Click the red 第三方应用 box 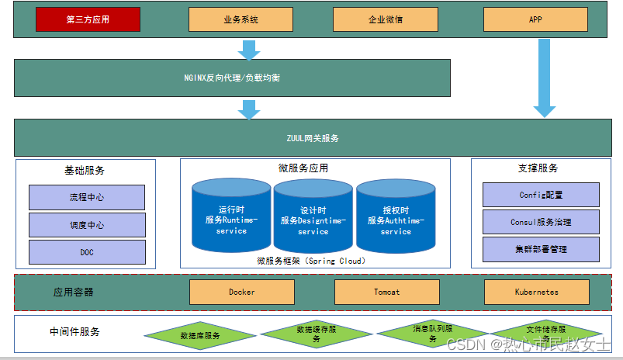coord(88,19)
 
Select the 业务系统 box coord(241,19)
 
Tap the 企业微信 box coord(385,19)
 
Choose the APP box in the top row coord(535,19)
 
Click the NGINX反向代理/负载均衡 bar coord(233,79)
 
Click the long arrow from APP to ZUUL coord(545,78)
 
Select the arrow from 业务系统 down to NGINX coord(249,50)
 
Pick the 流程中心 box coord(87,197)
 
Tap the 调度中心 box coord(87,225)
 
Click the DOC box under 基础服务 coord(87,252)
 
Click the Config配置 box coord(541,195)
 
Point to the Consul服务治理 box coord(541,222)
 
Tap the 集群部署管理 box coord(541,249)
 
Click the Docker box coord(242,292)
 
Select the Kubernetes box coord(536,292)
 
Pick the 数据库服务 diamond coord(200,336)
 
